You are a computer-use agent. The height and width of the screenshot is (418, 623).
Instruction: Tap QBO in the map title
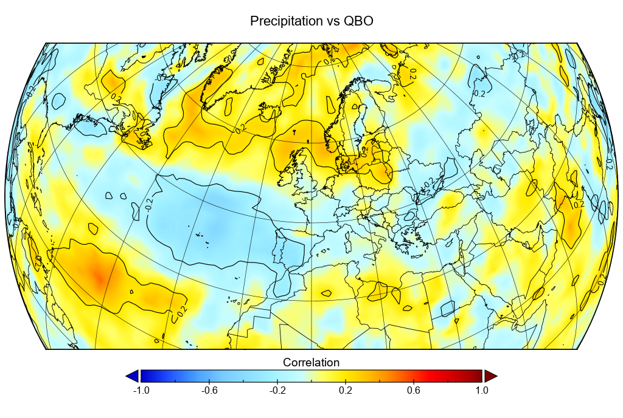pyautogui.click(x=359, y=21)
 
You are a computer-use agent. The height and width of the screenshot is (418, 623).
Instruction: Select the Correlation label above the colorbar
pyautogui.click(x=311, y=363)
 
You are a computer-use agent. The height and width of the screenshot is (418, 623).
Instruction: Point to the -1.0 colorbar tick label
pyautogui.click(x=141, y=391)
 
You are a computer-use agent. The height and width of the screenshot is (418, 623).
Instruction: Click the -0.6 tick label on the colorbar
pyautogui.click(x=209, y=391)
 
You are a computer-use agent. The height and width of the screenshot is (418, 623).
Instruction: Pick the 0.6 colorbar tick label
pyautogui.click(x=414, y=391)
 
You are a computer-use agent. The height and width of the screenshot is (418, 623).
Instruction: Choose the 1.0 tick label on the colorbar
pyautogui.click(x=482, y=391)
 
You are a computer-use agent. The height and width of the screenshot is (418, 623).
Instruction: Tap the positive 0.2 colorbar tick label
pyautogui.click(x=346, y=391)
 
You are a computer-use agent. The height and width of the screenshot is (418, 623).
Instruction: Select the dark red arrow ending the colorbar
pyautogui.click(x=490, y=376)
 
